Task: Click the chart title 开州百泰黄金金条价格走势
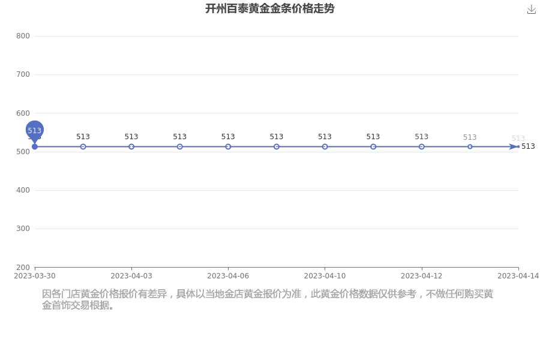269,8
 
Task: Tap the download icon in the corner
532,10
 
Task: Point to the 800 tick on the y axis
23,36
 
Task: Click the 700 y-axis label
23,74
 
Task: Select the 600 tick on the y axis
23,113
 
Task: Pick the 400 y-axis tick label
23,190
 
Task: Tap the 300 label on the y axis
23,229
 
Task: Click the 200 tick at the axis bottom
23,268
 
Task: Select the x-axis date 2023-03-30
34,276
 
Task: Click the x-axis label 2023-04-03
131,276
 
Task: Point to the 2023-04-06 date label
228,276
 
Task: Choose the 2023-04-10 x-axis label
325,276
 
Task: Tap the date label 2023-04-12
422,276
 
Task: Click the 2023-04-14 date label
518,276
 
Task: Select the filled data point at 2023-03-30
34,147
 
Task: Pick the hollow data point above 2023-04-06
228,147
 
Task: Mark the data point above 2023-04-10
325,147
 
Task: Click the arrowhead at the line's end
514,147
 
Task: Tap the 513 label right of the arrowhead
528,146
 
